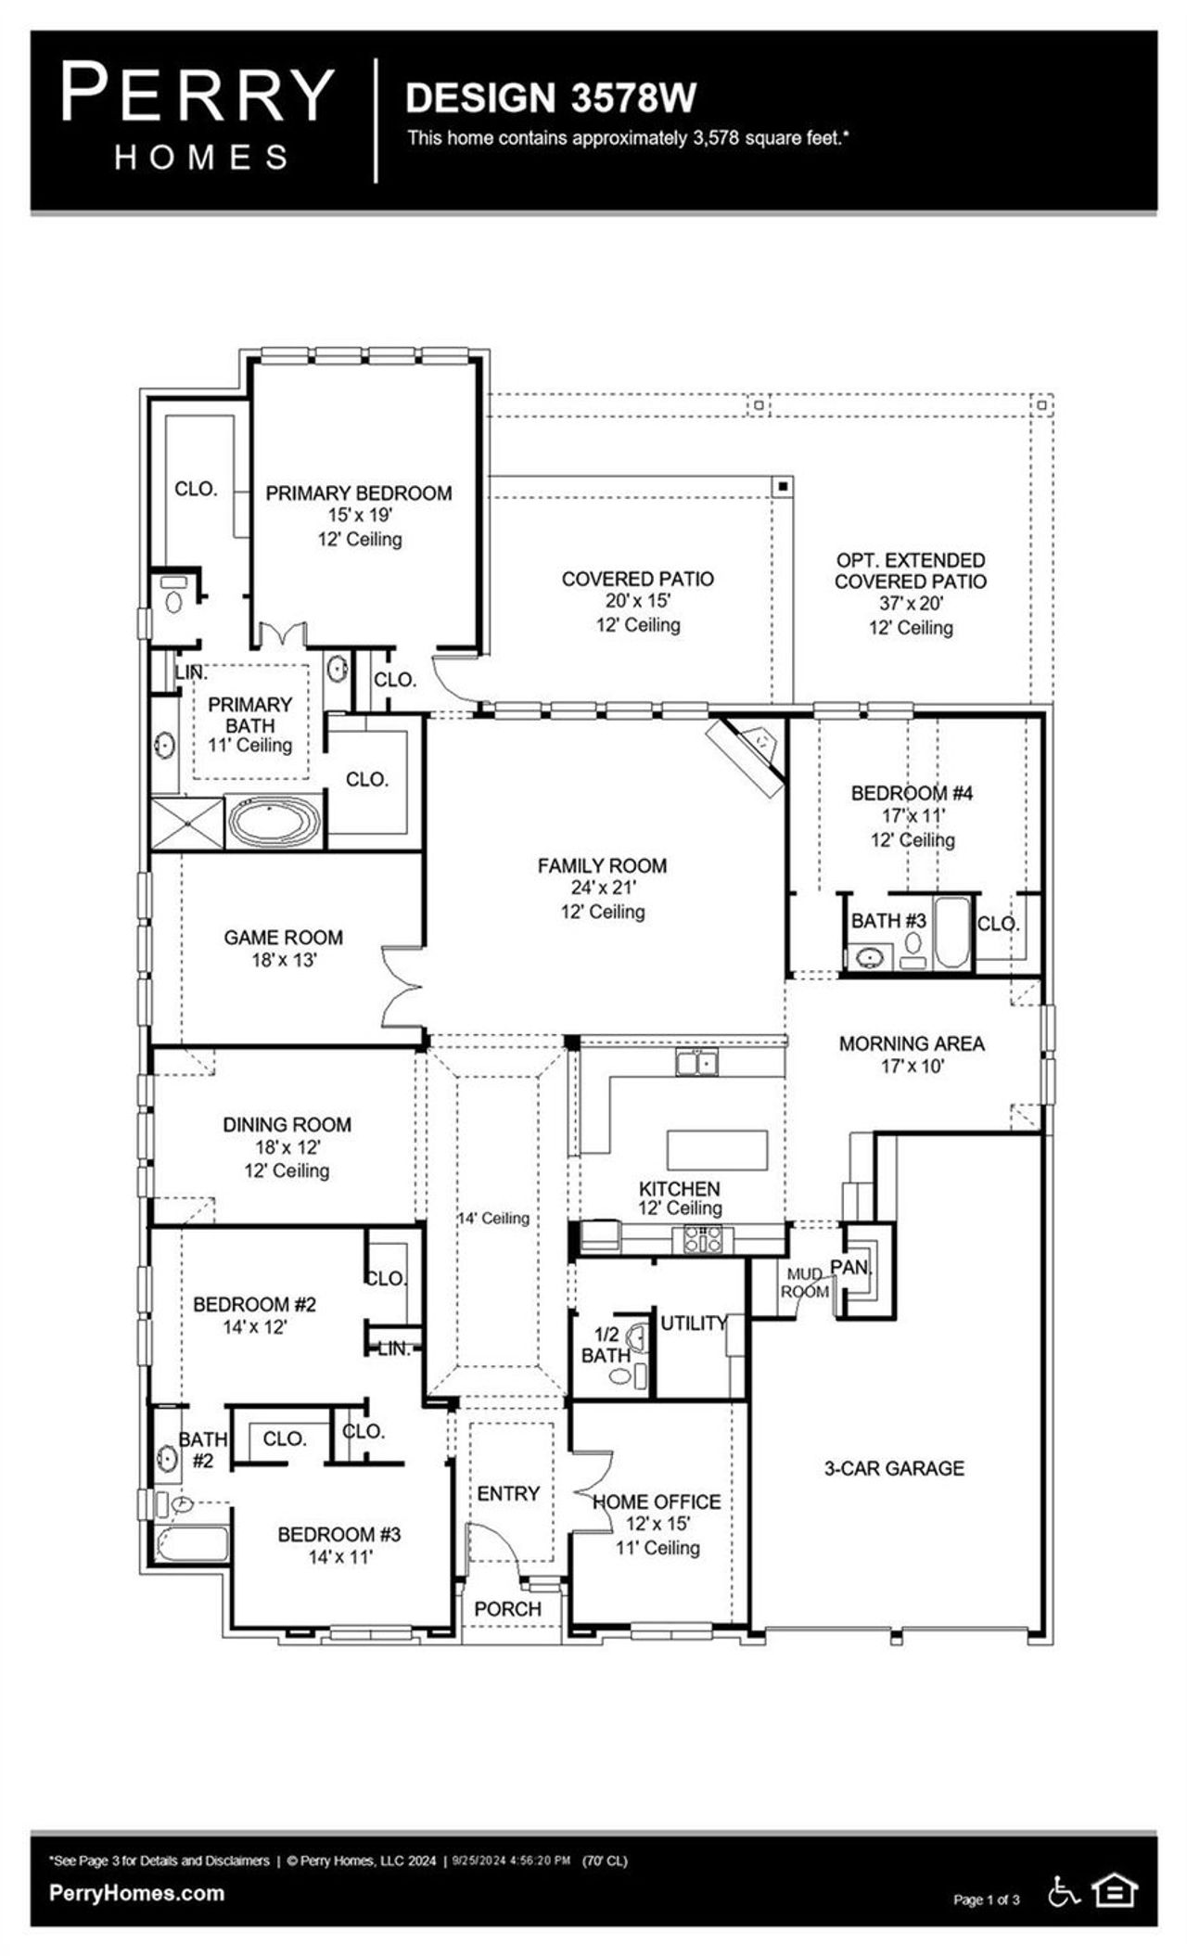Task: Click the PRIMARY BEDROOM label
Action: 359,493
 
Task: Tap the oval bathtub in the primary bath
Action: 274,822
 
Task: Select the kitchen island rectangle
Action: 717,1150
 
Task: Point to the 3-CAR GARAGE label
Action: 894,1468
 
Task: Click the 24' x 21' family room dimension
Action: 603,888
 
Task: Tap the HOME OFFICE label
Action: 657,1502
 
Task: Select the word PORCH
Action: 507,1609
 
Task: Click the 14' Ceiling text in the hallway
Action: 493,1219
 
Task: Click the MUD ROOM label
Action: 804,1283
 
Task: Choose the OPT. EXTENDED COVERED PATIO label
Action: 910,570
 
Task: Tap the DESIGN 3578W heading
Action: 551,97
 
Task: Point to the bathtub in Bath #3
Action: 952,932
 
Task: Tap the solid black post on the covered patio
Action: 783,485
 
